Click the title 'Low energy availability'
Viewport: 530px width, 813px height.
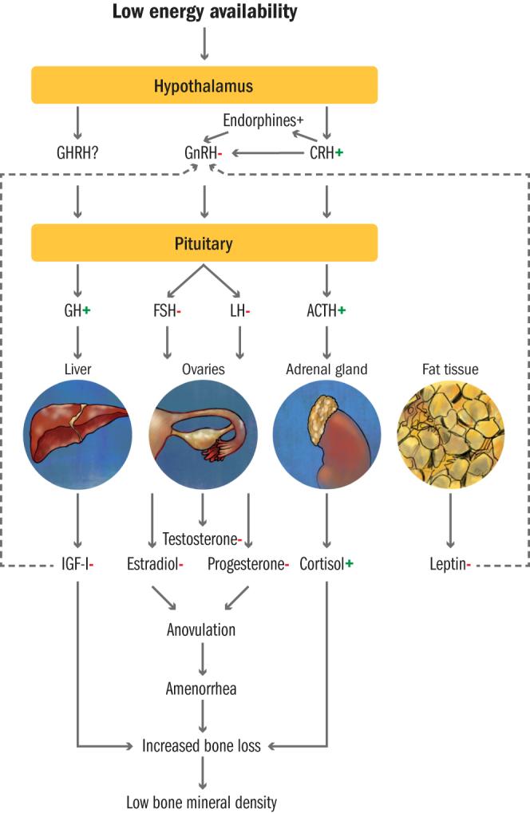tap(204, 12)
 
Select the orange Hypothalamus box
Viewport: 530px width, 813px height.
tap(204, 85)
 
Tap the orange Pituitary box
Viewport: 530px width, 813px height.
tap(204, 243)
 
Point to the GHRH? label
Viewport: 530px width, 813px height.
tap(77, 152)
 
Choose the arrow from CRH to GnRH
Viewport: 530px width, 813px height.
tap(267, 152)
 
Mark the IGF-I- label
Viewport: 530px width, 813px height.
tap(77, 565)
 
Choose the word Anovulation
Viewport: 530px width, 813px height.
tap(201, 629)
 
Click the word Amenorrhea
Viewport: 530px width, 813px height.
tap(201, 688)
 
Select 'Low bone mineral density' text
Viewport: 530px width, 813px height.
tap(201, 802)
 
